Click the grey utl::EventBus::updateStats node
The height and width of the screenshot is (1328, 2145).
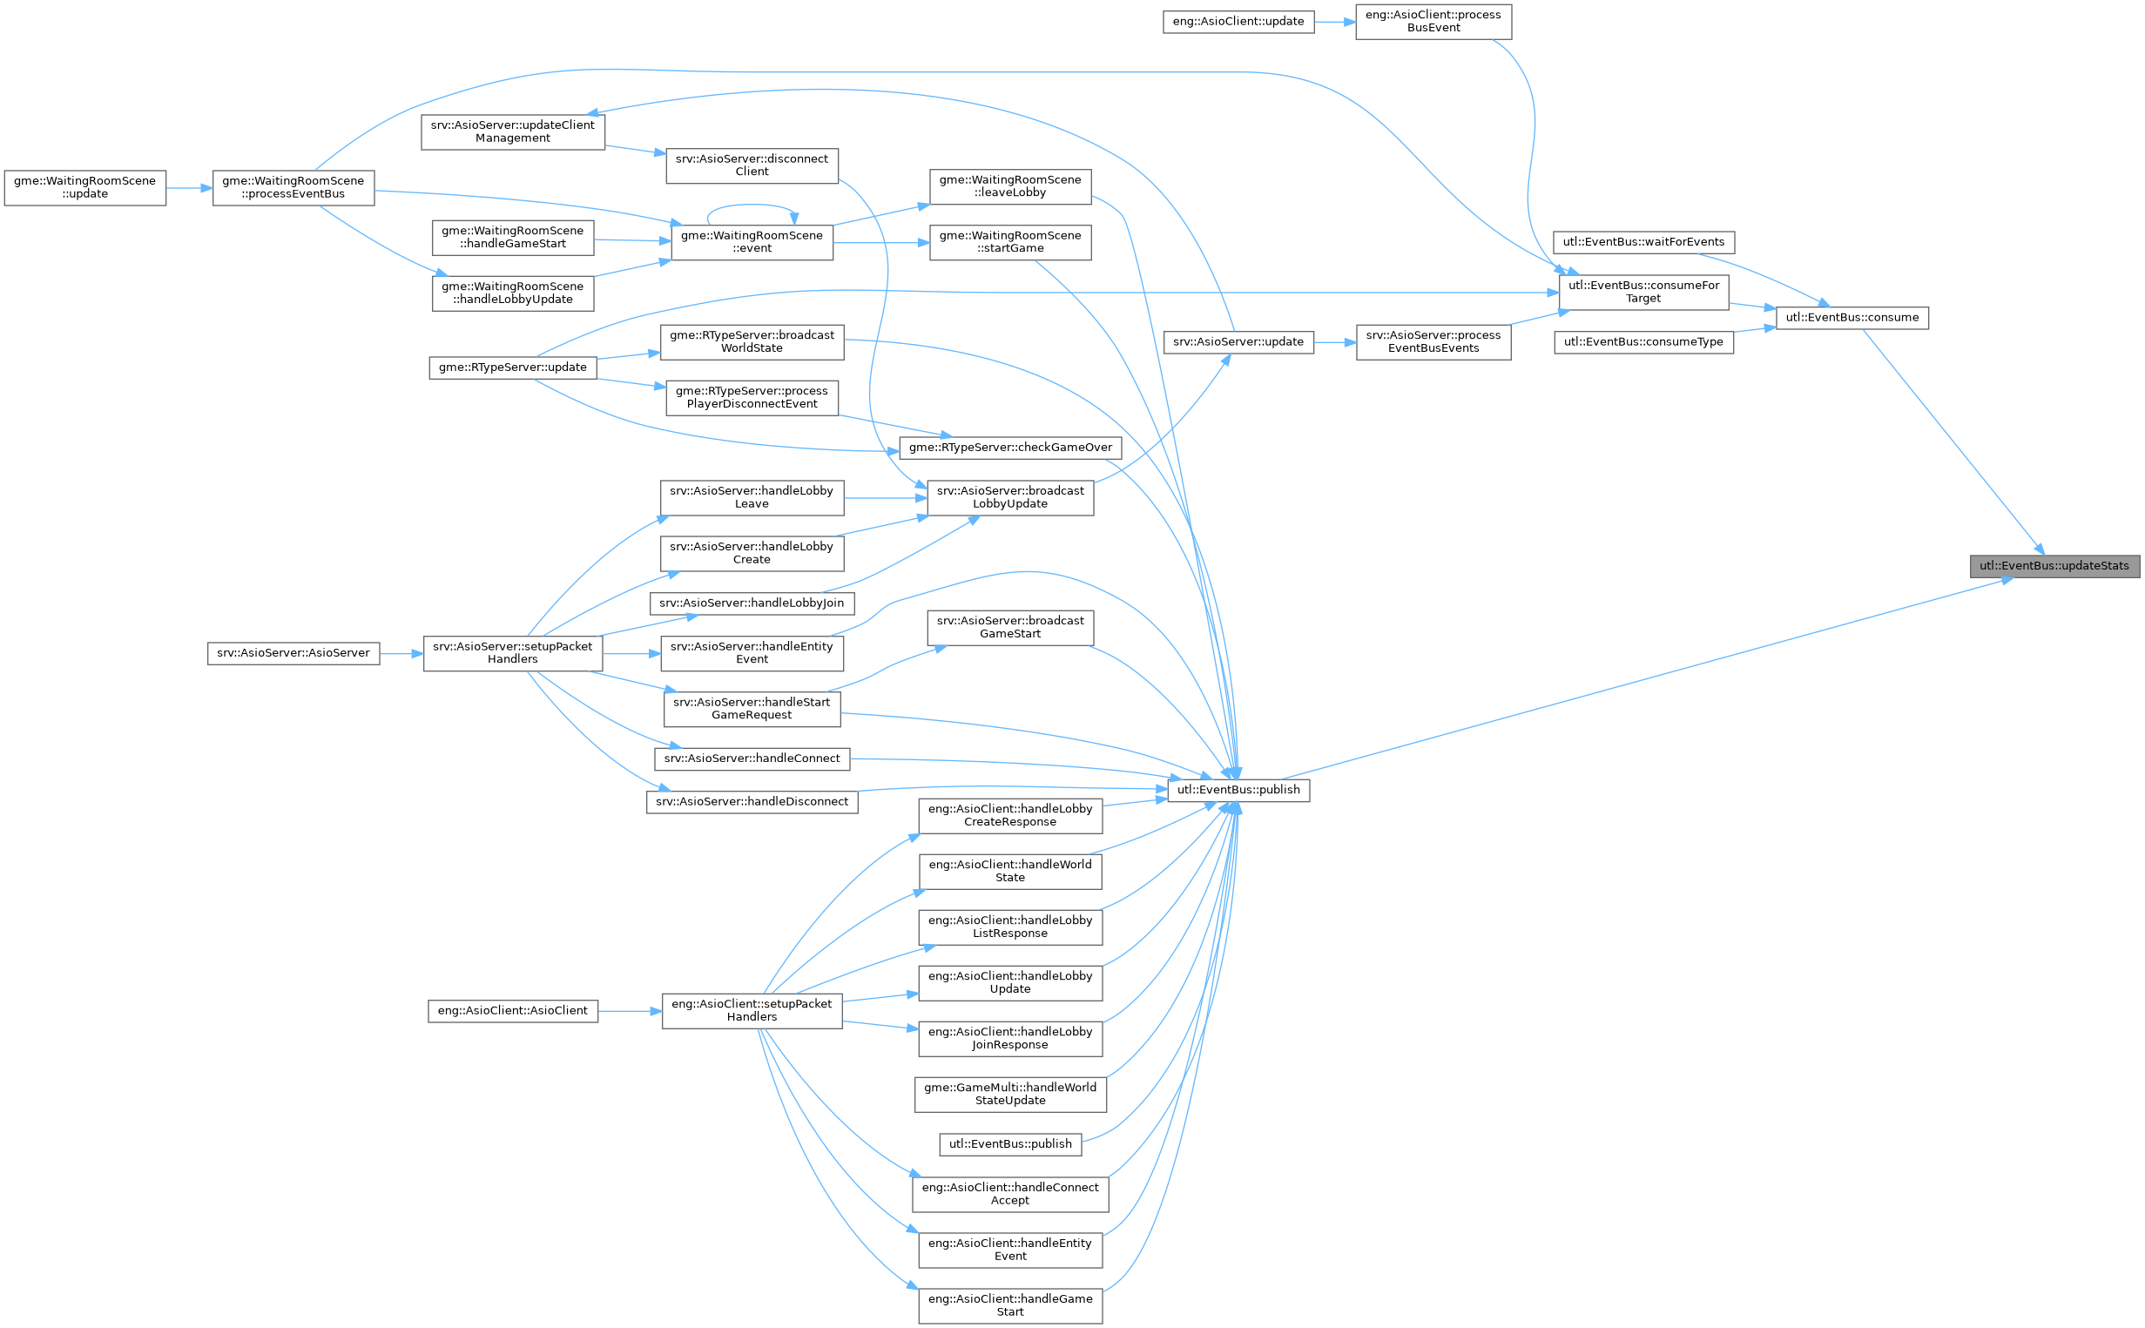pos(2054,566)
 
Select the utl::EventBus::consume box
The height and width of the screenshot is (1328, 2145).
pos(1852,317)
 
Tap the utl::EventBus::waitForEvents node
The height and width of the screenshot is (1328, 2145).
pos(1642,241)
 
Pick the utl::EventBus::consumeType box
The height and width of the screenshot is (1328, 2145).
pos(1642,341)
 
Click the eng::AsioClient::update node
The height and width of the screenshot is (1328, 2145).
pos(1238,21)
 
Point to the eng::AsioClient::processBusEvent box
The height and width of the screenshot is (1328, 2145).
pos(1433,21)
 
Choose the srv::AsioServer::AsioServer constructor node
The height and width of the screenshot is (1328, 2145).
pos(293,652)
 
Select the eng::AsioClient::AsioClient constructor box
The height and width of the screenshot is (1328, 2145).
pos(512,1010)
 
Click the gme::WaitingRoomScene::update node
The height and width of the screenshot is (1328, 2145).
pos(84,187)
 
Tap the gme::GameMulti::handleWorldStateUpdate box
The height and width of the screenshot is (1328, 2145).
pos(1009,1094)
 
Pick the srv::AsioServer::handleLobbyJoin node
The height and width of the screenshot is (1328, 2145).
pos(751,603)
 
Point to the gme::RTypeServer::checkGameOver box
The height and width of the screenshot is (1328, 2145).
pos(1009,447)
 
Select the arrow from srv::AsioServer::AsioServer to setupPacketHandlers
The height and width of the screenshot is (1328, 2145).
pos(401,653)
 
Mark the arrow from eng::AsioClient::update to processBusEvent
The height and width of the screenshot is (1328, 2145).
pos(1334,22)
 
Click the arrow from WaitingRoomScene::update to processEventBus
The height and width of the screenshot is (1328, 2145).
pos(189,188)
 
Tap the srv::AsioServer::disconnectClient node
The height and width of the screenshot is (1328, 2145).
pos(751,165)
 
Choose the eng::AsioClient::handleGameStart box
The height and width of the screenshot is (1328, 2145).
pos(1009,1304)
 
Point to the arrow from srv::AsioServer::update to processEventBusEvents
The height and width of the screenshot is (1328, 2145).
pos(1334,342)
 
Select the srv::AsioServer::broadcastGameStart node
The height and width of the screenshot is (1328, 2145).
pos(1009,627)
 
